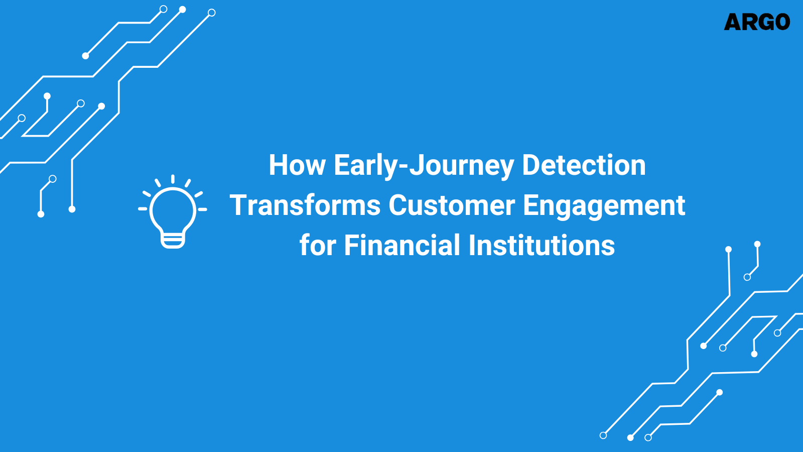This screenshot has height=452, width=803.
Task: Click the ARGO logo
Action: click(757, 22)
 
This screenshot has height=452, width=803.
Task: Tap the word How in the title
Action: click(297, 165)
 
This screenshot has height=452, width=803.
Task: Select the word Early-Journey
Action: click(424, 166)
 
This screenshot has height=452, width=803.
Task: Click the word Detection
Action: click(584, 165)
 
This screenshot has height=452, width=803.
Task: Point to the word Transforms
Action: click(305, 205)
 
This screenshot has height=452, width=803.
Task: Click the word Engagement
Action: click(604, 206)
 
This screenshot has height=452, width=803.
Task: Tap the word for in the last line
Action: click(317, 246)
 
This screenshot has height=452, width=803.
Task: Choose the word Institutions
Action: click(542, 246)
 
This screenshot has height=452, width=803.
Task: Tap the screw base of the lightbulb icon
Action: click(173, 241)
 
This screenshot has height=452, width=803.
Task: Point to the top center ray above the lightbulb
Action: click(173, 179)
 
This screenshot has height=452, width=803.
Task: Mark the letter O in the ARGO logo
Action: click(781, 22)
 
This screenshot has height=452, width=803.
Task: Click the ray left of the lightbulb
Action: click(143, 208)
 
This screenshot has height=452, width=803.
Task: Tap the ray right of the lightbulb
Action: click(202, 209)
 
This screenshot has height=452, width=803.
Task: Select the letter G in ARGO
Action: click(764, 22)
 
